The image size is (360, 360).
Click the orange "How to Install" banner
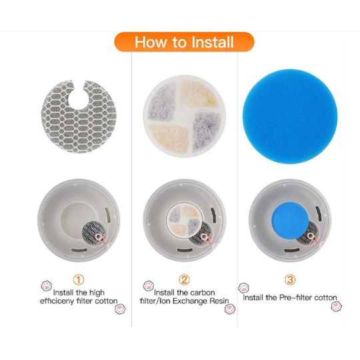pos(184,42)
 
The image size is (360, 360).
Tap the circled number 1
pos(79,279)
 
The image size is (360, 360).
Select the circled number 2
pos(184,279)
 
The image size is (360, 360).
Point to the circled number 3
pos(290,279)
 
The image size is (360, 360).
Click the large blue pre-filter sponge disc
pos(290,117)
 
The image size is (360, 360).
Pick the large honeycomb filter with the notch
pos(79,117)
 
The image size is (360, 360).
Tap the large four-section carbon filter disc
pos(185,116)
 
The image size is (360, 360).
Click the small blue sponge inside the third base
pos(290,221)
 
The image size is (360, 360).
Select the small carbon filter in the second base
pos(184,221)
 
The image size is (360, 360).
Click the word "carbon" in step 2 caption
pos(203,293)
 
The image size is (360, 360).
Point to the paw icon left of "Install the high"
pos(47,286)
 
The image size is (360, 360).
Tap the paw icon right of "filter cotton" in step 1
pos(120,309)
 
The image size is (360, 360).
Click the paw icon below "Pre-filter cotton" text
pos(337,306)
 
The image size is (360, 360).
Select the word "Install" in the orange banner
pos(212,42)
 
